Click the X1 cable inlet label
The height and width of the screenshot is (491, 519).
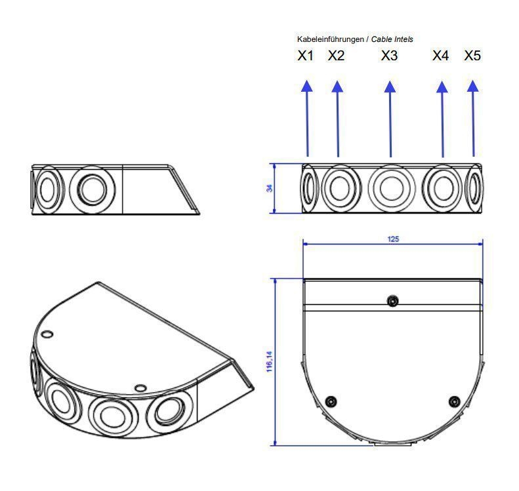305,56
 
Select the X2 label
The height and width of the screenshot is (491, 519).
337,56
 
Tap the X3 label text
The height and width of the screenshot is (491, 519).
389,56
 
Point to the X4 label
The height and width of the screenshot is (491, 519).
441,56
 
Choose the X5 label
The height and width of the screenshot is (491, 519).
472,56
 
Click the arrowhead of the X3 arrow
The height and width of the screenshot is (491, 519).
390,87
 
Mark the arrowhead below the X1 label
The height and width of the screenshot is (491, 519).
307,86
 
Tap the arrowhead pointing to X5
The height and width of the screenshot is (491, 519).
472,86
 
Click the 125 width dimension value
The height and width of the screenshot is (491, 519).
393,239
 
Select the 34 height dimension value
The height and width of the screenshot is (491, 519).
270,188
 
